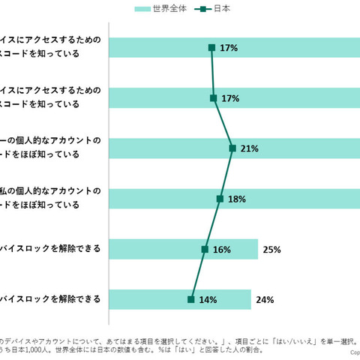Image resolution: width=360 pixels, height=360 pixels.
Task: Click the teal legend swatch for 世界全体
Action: tap(147, 9)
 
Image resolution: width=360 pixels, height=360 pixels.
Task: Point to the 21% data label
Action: tap(250, 148)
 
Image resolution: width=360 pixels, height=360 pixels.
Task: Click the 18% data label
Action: tap(237, 199)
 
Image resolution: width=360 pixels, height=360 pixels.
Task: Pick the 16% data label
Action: tap(221, 249)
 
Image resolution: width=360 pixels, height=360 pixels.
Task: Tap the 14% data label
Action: tap(208, 299)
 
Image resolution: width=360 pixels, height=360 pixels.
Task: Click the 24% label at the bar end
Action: tap(264, 299)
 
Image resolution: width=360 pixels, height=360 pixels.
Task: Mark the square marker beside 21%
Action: tap(232, 148)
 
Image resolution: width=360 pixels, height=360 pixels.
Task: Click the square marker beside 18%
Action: tap(220, 199)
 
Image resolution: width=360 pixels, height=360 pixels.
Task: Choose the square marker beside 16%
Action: tap(204, 249)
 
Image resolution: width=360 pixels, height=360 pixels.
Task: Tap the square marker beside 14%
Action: tap(191, 299)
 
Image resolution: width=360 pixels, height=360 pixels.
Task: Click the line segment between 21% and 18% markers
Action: tap(226, 174)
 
